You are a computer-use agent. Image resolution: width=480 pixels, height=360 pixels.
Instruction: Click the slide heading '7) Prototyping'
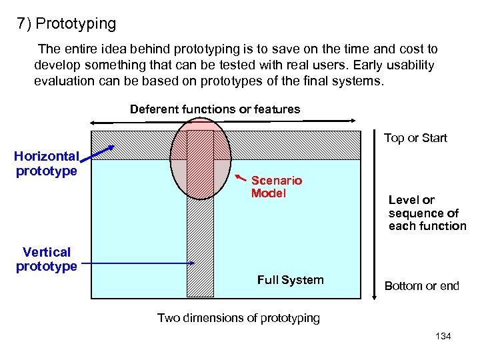pyautogui.click(x=67, y=24)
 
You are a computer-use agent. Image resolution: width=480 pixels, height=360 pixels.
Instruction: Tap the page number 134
pyautogui.click(x=443, y=336)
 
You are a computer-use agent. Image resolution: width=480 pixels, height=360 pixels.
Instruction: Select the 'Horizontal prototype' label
pyautogui.click(x=46, y=163)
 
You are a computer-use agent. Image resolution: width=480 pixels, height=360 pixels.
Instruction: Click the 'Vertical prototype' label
pyautogui.click(x=46, y=259)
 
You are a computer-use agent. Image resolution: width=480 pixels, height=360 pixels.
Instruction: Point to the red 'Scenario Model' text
pyautogui.click(x=276, y=187)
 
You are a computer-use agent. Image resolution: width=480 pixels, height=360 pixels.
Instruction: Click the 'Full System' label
pyautogui.click(x=290, y=280)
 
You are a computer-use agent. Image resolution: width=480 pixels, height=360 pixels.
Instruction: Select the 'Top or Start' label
pyautogui.click(x=415, y=138)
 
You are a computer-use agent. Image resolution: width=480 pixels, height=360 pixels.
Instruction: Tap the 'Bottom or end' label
pyautogui.click(x=421, y=286)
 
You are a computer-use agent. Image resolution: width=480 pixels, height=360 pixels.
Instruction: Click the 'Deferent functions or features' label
pyautogui.click(x=215, y=109)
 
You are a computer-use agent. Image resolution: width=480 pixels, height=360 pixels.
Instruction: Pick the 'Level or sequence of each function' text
pyautogui.click(x=427, y=213)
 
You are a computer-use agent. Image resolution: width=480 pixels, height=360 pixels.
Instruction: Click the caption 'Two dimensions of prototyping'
pyautogui.click(x=238, y=318)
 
